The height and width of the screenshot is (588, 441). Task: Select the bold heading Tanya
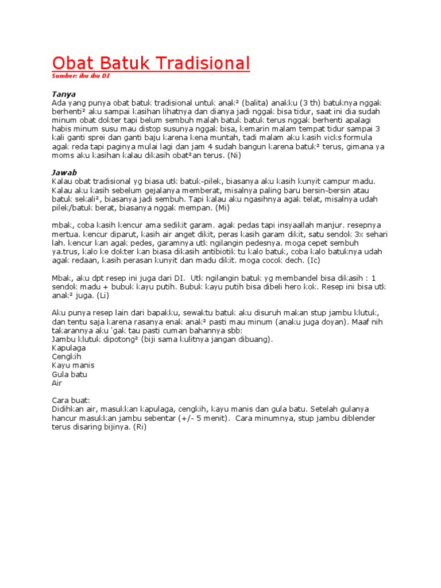pyautogui.click(x=64, y=93)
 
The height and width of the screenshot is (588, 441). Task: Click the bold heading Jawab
pyautogui.click(x=64, y=172)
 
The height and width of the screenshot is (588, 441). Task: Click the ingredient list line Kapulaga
pyautogui.click(x=69, y=348)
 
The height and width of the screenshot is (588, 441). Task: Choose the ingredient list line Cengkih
pyautogui.click(x=67, y=357)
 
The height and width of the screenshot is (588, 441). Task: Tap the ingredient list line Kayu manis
pyautogui.click(x=73, y=365)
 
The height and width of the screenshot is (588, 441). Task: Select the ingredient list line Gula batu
pyautogui.click(x=70, y=374)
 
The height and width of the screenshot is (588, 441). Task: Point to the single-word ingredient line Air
pyautogui.click(x=57, y=382)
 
